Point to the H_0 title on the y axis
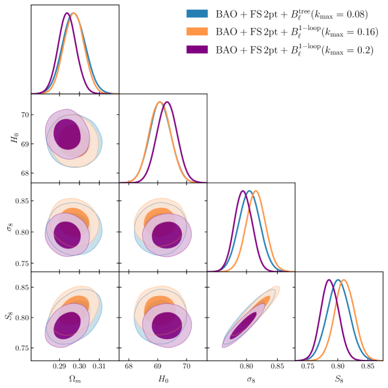point(8,138)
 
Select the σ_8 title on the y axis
point(8,227)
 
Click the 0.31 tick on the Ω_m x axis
point(99,367)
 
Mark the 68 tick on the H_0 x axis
point(129,367)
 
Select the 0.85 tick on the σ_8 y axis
point(20,201)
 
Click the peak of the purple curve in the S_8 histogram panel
point(329,280)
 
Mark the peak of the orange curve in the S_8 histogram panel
point(344,280)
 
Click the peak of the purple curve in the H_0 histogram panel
point(167,102)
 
